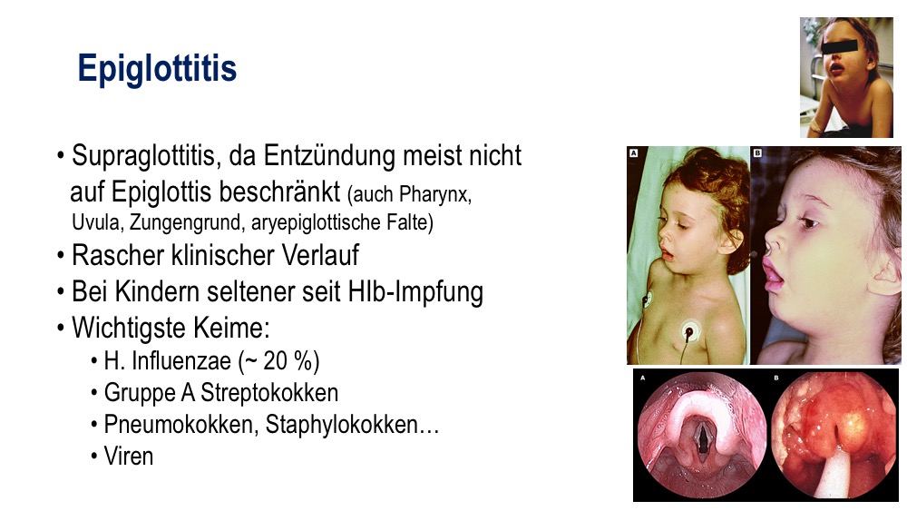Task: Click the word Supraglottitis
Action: pyautogui.click(x=145, y=156)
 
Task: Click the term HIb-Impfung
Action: pyautogui.click(x=415, y=292)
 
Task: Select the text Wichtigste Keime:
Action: pyautogui.click(x=171, y=329)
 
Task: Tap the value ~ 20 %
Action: pyautogui.click(x=278, y=361)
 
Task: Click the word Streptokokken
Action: pyautogui.click(x=269, y=393)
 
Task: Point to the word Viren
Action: pyautogui.click(x=129, y=457)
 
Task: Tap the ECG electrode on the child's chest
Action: pyautogui.click(x=689, y=332)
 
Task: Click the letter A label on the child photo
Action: pyautogui.click(x=633, y=152)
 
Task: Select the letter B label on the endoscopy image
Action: pyautogui.click(x=776, y=378)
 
